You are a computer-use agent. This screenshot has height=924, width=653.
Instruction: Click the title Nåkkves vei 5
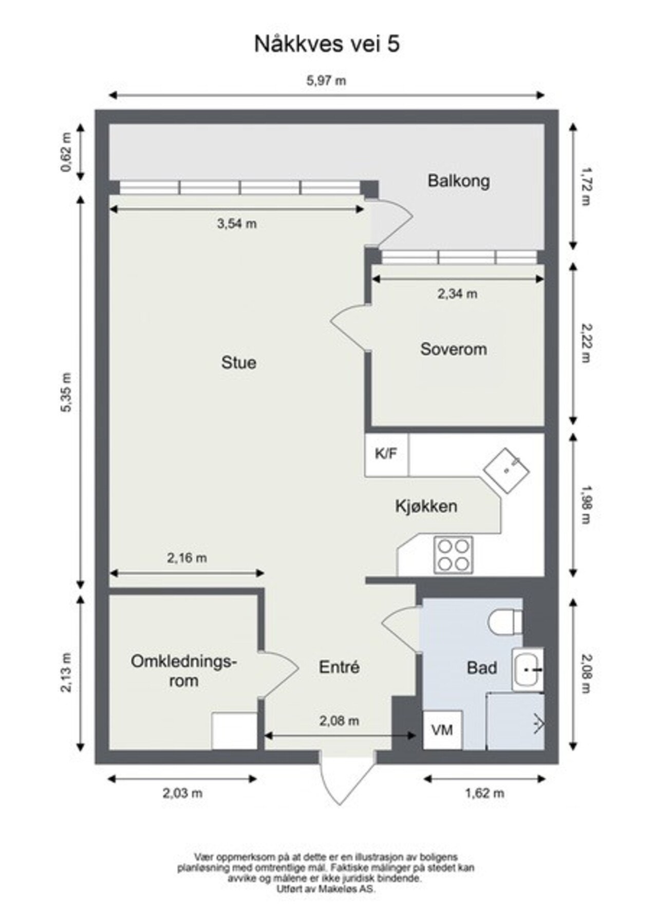click(x=327, y=44)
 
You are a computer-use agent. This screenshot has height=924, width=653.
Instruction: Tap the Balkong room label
click(x=459, y=181)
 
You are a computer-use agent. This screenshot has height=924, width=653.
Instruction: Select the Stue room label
click(x=239, y=362)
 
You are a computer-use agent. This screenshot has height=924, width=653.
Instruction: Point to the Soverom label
click(x=454, y=349)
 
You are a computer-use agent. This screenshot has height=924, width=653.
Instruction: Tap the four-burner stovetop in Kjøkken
click(x=453, y=555)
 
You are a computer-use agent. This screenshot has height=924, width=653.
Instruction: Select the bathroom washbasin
click(x=527, y=669)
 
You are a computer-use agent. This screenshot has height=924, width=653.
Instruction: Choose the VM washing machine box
click(x=442, y=729)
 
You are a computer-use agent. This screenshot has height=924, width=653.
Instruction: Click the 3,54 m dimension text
click(x=237, y=224)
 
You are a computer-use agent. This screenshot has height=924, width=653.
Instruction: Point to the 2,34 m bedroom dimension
click(x=457, y=294)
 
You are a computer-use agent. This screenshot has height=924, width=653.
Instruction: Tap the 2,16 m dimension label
click(x=187, y=557)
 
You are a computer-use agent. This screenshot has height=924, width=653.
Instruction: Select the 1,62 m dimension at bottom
click(x=484, y=793)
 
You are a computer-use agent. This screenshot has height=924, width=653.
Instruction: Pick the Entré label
click(x=339, y=667)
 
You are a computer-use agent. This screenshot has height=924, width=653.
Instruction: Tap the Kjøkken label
click(x=426, y=506)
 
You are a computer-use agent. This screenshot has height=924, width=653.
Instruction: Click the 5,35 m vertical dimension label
click(x=66, y=393)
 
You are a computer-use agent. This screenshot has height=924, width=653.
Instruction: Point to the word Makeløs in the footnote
click(x=337, y=889)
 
